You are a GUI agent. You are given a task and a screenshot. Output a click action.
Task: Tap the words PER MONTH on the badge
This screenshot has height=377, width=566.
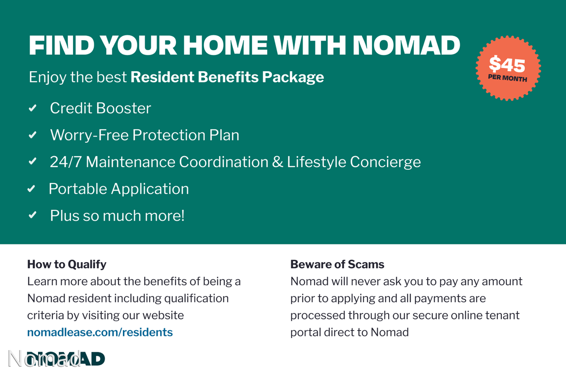507,78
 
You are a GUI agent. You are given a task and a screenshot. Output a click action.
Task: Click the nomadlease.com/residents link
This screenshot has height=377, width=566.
100,332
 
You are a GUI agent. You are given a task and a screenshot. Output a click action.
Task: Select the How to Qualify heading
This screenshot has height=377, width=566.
67,264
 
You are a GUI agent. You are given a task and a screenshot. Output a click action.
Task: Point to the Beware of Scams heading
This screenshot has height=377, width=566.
337,264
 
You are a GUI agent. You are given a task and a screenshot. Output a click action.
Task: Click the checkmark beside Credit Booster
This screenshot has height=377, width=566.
33,108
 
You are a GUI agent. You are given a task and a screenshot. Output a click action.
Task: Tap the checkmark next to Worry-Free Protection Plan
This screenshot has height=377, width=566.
33,135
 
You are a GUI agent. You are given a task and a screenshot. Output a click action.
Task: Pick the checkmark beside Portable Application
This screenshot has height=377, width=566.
31,189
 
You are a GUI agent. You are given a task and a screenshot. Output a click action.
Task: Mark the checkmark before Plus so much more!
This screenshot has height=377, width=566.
33,215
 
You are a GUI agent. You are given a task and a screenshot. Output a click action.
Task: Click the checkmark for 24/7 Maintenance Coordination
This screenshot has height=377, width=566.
33,161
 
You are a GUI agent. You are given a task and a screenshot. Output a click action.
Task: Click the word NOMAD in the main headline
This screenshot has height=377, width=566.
406,45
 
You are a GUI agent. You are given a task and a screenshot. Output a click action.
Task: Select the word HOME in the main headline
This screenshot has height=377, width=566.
225,45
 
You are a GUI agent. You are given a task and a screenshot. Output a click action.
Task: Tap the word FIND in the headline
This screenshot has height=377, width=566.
61,45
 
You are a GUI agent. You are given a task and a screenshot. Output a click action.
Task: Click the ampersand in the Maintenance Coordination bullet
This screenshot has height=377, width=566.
277,162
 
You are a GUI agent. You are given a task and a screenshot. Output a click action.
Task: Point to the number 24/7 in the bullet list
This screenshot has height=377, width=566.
65,162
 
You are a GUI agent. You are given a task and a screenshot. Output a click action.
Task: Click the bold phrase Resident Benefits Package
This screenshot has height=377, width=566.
227,77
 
